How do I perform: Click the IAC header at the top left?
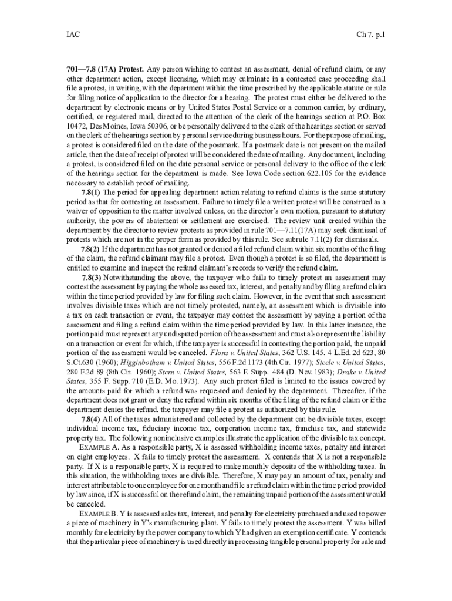(x=73, y=35)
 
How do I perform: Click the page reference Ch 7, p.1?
(x=370, y=35)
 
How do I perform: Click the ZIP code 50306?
(x=151, y=126)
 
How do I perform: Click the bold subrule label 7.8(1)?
(x=90, y=191)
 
